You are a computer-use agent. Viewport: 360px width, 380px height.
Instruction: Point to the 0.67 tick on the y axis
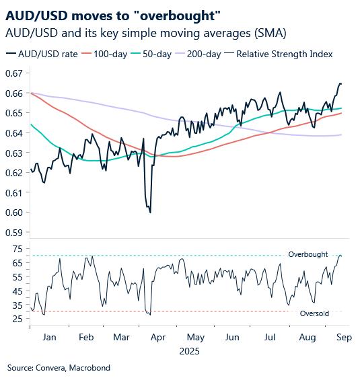pyautogui.click(x=15, y=73)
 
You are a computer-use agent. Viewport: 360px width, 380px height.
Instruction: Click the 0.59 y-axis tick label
pyautogui.click(x=15, y=233)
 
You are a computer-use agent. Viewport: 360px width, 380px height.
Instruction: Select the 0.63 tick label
pyautogui.click(x=15, y=153)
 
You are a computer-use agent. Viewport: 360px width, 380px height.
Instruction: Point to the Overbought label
pyautogui.click(x=308, y=254)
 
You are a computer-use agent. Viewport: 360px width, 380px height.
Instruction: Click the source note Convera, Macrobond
pyautogui.click(x=59, y=368)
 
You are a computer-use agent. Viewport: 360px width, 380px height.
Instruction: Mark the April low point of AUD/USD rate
pyautogui.click(x=149, y=213)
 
